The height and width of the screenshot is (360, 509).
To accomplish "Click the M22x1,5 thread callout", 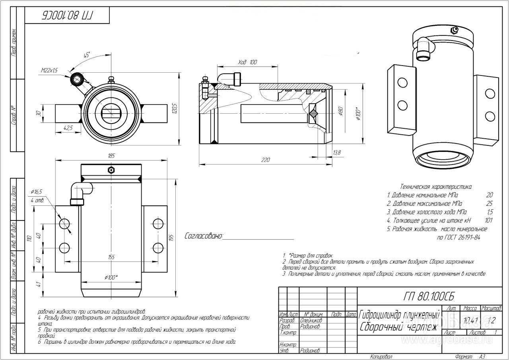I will click(49, 70).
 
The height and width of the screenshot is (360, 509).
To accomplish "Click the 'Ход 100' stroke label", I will click(247, 62).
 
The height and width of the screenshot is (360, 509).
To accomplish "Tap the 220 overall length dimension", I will click(265, 160).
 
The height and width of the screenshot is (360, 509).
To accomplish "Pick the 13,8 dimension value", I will click(337, 152).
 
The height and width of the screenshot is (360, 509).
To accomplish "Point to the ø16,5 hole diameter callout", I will click(36, 192).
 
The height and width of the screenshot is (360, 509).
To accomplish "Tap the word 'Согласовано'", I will click(203, 236).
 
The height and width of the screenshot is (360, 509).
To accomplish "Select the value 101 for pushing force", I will click(489, 220).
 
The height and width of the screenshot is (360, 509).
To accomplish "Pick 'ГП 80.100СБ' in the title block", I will click(428, 296).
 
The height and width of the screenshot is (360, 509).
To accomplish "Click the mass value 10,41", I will click(469, 320).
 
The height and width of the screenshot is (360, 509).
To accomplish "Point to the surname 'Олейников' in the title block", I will click(311, 320).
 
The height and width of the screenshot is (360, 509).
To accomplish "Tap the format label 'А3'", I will click(482, 356).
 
